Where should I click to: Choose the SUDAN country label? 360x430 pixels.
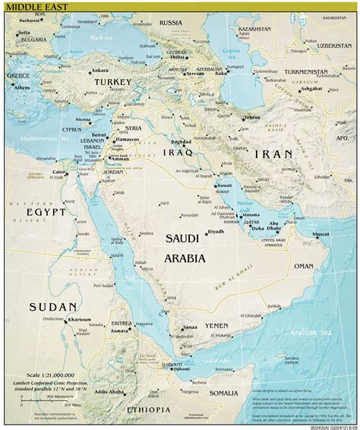(52, 307)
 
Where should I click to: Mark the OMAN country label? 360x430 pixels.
(303, 267)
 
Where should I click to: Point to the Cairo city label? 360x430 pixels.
(58, 172)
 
